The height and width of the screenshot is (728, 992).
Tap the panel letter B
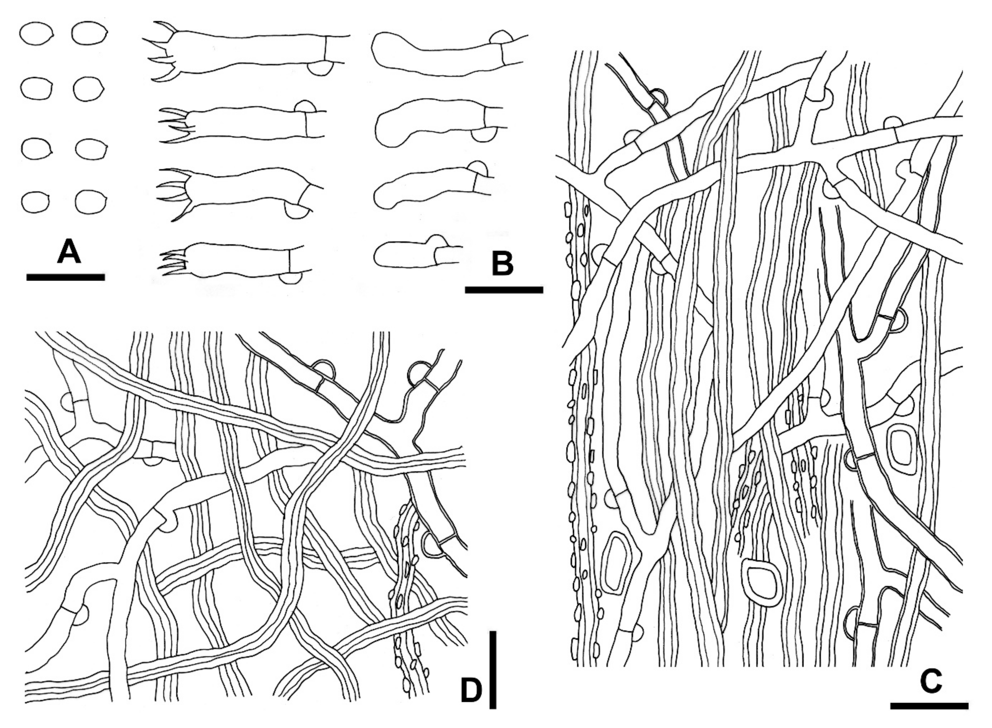pyautogui.click(x=502, y=263)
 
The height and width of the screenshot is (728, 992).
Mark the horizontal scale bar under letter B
pyautogui.click(x=504, y=289)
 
